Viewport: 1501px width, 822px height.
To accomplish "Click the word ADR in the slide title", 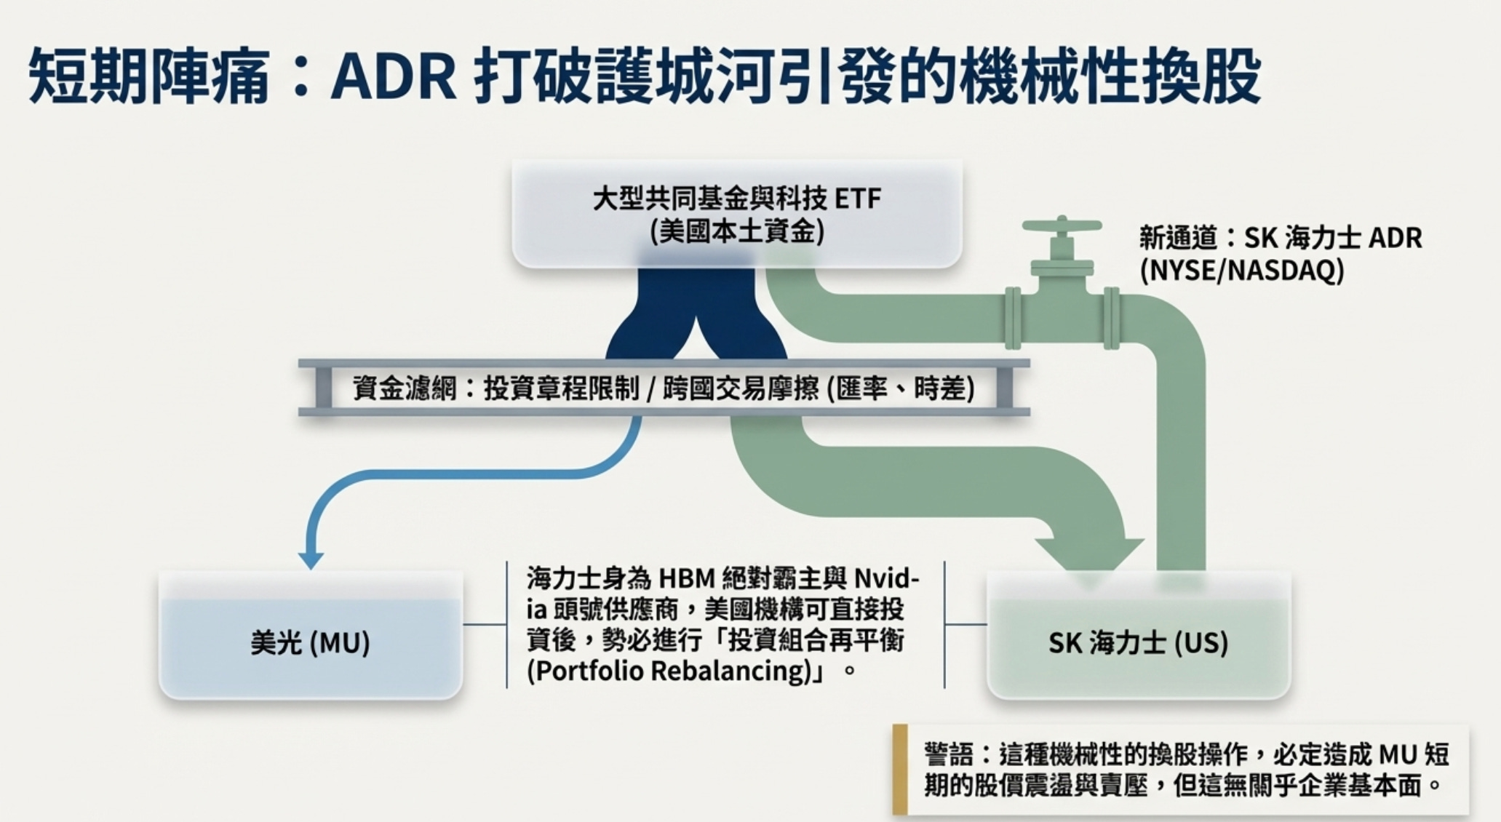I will tap(393, 75).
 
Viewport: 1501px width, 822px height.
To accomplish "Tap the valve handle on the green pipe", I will tap(1062, 226).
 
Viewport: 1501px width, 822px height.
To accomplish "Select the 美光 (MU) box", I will tap(311, 637).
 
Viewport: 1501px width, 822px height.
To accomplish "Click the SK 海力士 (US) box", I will tap(1138, 637).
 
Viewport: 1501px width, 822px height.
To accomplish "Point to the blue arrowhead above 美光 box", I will tap(311, 559).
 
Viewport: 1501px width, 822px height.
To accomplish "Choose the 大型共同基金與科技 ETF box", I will tap(737, 214).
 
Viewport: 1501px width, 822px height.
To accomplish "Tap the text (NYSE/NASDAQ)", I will tap(1242, 271).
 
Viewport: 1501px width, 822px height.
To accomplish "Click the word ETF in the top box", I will tap(858, 198).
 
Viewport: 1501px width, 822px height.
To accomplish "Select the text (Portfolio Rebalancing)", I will tap(669, 671).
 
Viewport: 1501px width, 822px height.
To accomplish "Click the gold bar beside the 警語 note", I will tap(900, 769).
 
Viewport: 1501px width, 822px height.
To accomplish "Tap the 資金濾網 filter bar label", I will tap(405, 388).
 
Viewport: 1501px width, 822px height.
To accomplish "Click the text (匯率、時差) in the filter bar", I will tap(901, 388).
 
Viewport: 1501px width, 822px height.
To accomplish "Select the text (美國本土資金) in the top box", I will tap(737, 231).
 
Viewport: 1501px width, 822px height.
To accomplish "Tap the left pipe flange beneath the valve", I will tap(1012, 318).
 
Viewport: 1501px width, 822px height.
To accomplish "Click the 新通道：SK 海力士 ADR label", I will tap(1280, 238).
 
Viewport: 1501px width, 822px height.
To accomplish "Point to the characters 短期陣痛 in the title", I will tap(149, 75).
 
